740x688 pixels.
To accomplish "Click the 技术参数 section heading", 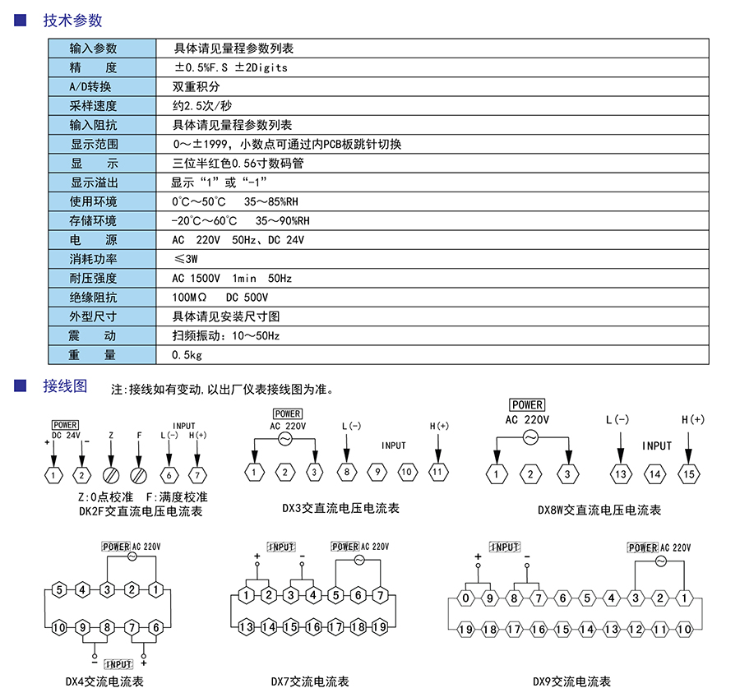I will coord(72,21).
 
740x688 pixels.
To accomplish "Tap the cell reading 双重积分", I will coord(196,86).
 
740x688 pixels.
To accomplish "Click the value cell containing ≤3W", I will coord(186,259).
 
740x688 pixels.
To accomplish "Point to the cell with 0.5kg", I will coord(187,355).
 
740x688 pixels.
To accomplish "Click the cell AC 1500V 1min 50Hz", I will coord(232,279).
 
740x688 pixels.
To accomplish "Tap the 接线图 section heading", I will coord(65,386).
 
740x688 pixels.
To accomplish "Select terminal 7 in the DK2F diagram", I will coord(197,474).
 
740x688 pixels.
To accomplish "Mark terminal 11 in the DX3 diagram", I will coord(438,472).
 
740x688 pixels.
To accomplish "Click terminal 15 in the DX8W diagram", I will coord(688,473).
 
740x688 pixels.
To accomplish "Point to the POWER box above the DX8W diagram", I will coord(527,404).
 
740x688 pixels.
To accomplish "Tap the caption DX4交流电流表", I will coord(104,681).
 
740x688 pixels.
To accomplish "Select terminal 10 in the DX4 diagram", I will coord(58,627).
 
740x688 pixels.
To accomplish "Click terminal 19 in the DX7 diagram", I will coord(379,626).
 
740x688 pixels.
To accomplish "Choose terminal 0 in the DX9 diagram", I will coord(465,598).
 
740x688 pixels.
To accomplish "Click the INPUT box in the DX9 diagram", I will coord(505,547).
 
